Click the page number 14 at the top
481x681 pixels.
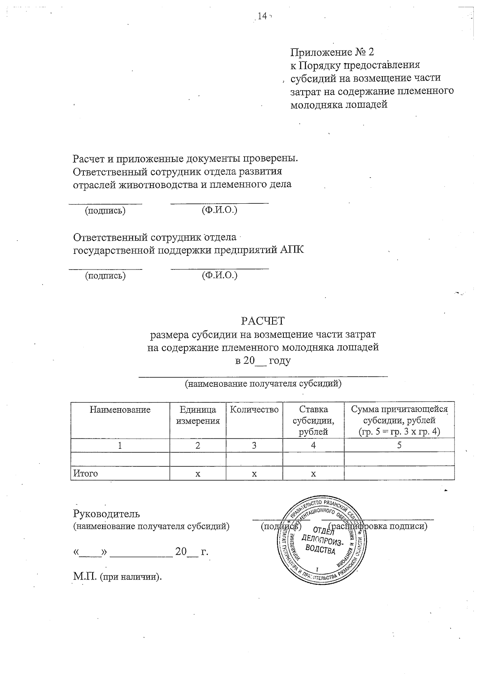click(262, 16)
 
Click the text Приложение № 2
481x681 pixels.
click(332, 52)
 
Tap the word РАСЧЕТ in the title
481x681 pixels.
click(263, 321)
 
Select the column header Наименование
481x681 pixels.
click(120, 409)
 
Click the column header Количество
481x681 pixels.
click(254, 409)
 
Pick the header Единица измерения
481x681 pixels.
click(198, 415)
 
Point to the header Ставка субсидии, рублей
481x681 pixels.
click(313, 420)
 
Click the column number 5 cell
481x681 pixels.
click(399, 445)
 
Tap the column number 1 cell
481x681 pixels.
click(120, 445)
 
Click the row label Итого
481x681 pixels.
click(85, 473)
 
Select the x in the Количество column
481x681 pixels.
click(254, 474)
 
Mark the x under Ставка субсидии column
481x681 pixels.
click(313, 474)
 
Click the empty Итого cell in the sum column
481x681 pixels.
click(399, 473)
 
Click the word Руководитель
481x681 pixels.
click(107, 514)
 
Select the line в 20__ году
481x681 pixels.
click(263, 361)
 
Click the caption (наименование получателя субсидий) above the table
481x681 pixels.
click(263, 384)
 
